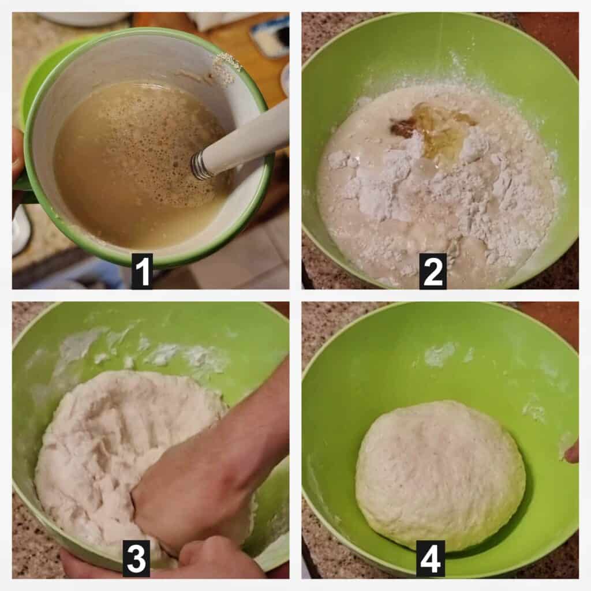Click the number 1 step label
pyautogui.click(x=142, y=271)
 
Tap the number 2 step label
pyautogui.click(x=433, y=271)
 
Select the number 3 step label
pyautogui.click(x=136, y=559)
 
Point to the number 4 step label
pyautogui.click(x=431, y=559)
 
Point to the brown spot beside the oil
pyautogui.click(x=404, y=129)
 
